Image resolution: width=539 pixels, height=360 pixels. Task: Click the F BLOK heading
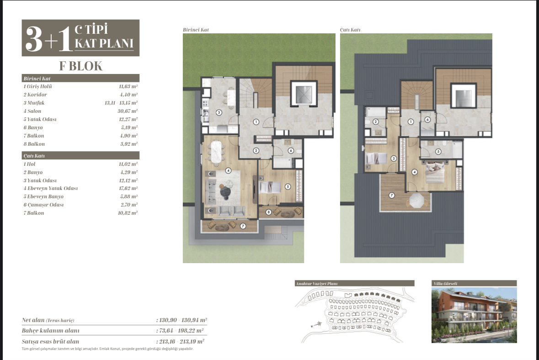[81, 66]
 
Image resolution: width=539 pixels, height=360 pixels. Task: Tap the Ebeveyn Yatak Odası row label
[51, 188]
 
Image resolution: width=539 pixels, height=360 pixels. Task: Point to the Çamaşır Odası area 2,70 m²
[129, 205]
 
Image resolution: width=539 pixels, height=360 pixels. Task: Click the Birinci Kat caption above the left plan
[196, 30]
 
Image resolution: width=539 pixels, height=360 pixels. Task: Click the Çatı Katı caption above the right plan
[350, 30]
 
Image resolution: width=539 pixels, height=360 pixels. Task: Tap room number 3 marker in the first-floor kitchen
[219, 112]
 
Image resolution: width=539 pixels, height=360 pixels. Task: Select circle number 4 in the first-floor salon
[228, 170]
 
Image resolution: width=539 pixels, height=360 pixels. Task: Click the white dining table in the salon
[216, 152]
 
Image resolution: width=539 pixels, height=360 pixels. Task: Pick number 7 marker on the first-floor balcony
[243, 226]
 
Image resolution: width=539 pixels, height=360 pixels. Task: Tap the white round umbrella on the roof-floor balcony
[416, 201]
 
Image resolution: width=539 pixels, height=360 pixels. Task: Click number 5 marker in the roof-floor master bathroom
[438, 152]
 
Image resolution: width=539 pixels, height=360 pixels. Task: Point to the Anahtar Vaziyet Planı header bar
[354, 283]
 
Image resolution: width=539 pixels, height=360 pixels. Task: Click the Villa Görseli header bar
[474, 283]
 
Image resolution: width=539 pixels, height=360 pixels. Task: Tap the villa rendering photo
[474, 315]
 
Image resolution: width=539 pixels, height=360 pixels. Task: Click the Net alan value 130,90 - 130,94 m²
[182, 320]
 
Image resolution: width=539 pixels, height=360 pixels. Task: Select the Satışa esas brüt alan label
[50, 341]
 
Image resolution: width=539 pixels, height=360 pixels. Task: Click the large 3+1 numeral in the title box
[48, 39]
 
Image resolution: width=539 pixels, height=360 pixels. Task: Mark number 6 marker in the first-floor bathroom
[291, 150]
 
